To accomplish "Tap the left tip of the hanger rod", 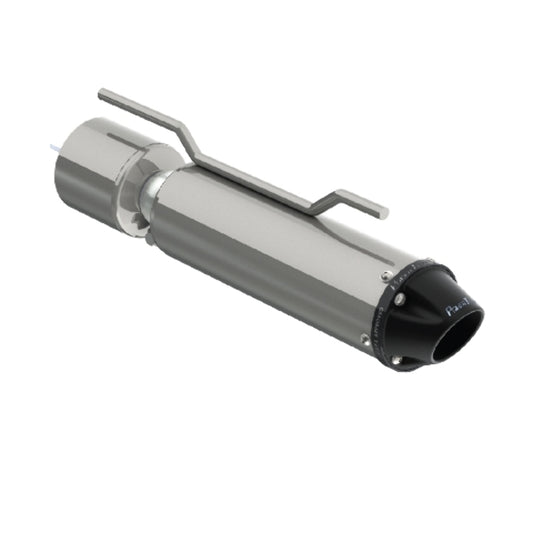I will click(102, 96).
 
